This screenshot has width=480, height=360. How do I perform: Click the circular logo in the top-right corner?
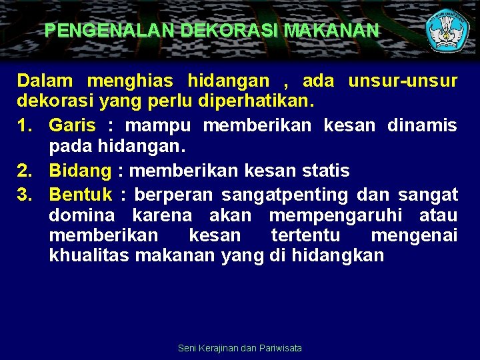click(x=448, y=31)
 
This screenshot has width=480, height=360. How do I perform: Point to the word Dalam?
click(x=45, y=81)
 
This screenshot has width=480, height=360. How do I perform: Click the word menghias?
click(x=130, y=81)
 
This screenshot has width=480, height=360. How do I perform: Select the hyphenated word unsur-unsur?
click(x=402, y=81)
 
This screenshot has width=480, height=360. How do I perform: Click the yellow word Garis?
click(x=72, y=126)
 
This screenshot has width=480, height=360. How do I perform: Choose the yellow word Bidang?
click(x=80, y=171)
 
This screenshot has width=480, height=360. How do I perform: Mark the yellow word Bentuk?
click(x=81, y=195)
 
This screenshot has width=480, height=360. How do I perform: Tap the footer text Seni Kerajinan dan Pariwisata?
click(x=240, y=348)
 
